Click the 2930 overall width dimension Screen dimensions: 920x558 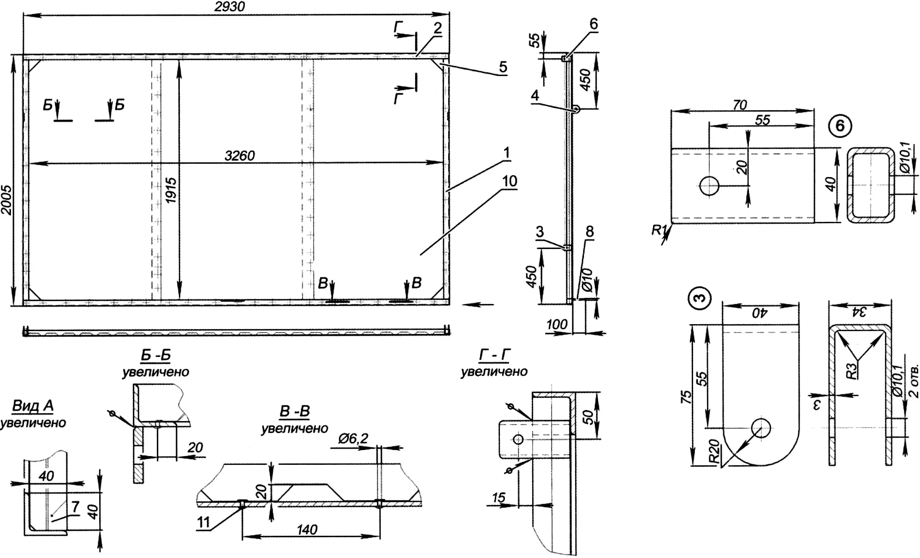(230, 6)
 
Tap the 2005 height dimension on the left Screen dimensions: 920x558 (6, 200)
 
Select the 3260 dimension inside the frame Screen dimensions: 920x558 (240, 155)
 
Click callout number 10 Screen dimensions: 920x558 (510, 181)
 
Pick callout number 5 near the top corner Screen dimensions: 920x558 (503, 67)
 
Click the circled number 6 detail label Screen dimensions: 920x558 (840, 125)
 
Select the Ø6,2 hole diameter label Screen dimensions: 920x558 (353, 439)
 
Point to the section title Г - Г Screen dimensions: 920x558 (494, 355)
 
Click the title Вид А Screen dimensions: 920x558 (33, 406)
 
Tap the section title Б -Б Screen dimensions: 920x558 (155, 356)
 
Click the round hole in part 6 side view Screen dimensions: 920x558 (709, 186)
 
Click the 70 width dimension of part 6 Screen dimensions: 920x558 (740, 105)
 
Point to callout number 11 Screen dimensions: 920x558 (203, 522)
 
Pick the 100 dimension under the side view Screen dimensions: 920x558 (557, 324)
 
